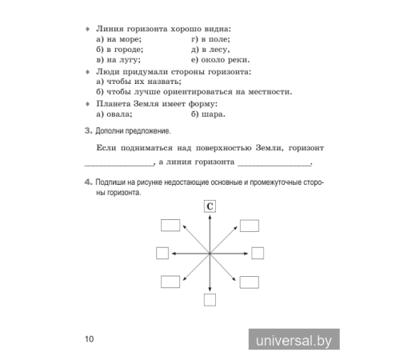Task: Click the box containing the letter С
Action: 209,206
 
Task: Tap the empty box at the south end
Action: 210,300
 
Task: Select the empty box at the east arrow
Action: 258,253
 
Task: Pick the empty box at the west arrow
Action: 162,253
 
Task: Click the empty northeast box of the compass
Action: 249,225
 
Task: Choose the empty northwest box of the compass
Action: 170,225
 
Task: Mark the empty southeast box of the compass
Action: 249,282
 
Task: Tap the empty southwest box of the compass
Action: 170,282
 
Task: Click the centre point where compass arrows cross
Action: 210,253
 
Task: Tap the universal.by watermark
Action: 293,340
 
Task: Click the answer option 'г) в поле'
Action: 211,38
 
